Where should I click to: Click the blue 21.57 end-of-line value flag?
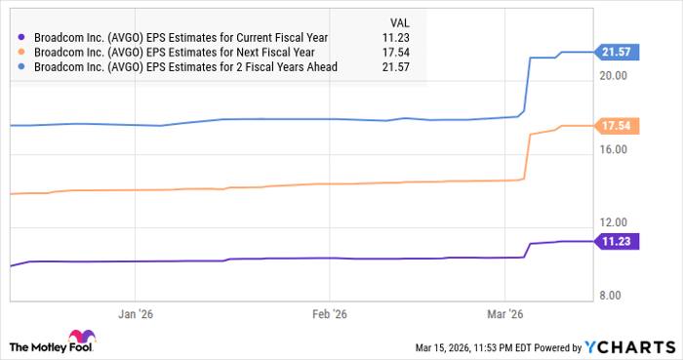[618, 52]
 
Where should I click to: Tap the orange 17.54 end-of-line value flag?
[618, 126]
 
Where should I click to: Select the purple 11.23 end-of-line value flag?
[618, 241]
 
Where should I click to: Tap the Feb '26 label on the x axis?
[329, 314]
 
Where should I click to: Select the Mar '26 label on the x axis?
[504, 314]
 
